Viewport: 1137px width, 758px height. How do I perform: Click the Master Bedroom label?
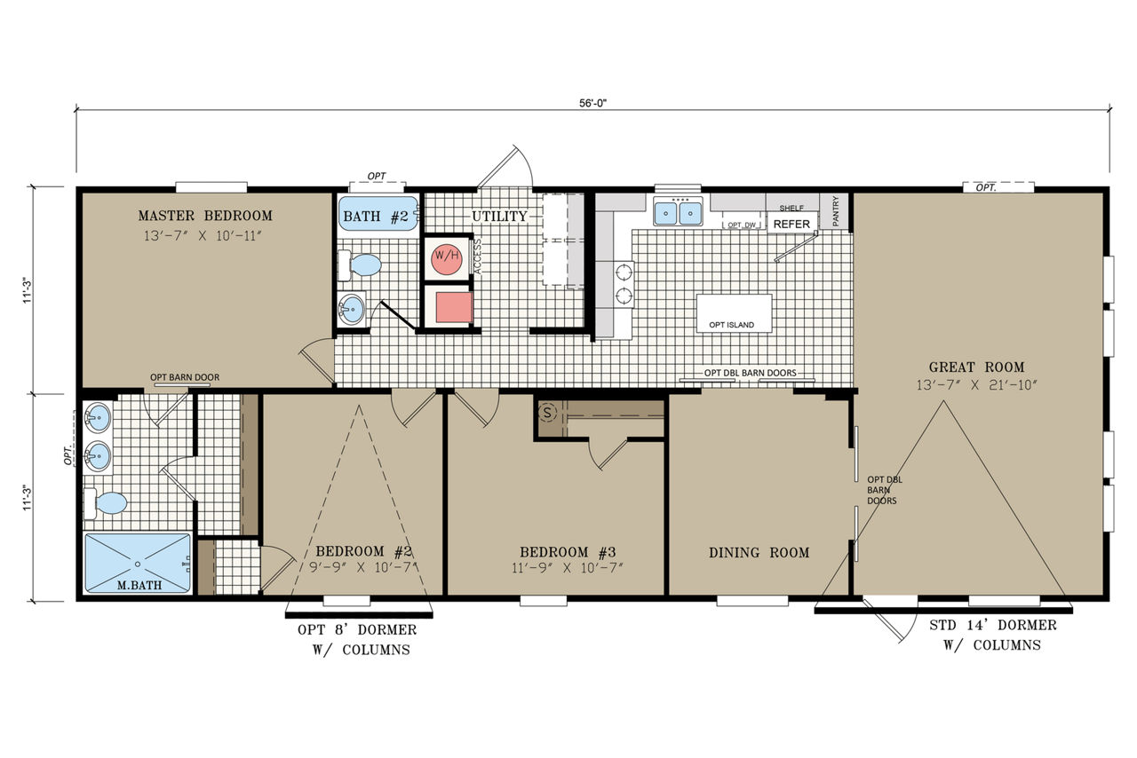click(205, 216)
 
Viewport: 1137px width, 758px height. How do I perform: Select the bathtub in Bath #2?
click(378, 214)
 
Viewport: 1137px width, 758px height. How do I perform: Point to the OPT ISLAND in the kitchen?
click(734, 313)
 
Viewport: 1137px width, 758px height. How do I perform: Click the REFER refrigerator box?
click(791, 224)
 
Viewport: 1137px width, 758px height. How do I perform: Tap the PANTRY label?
click(836, 211)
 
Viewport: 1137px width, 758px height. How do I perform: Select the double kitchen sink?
click(678, 213)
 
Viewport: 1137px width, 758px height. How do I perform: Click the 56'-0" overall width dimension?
click(592, 103)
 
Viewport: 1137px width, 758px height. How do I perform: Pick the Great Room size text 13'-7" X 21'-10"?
click(976, 385)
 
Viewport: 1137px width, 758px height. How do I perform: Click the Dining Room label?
click(759, 552)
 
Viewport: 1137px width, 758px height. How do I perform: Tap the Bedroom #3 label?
click(568, 552)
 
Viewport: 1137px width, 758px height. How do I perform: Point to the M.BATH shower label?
click(139, 585)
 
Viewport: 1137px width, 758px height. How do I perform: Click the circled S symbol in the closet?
click(547, 413)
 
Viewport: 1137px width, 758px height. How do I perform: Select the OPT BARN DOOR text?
click(185, 377)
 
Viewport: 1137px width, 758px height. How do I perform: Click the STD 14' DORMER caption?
click(993, 626)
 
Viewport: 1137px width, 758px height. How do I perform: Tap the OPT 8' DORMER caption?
click(357, 629)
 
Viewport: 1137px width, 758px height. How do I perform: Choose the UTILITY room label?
click(499, 217)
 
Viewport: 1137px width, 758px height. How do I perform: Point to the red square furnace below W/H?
click(454, 307)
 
